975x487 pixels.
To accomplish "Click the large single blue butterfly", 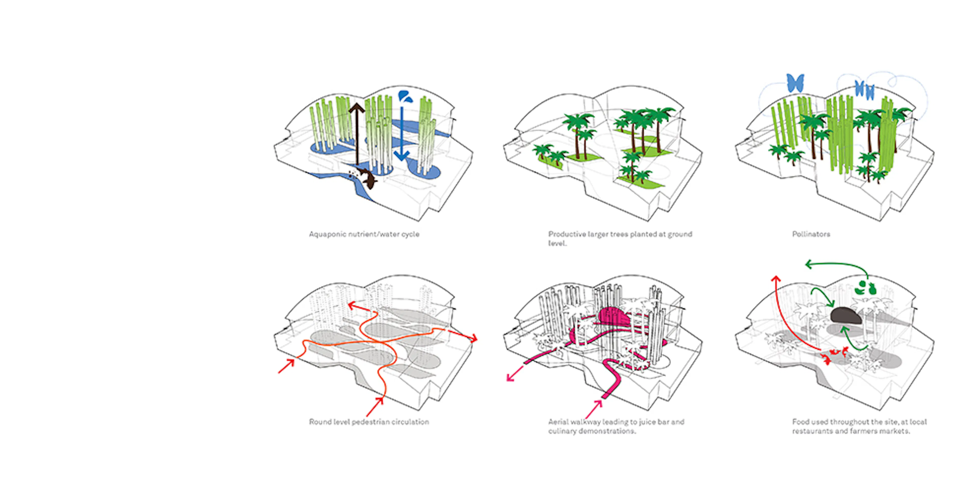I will (795, 83).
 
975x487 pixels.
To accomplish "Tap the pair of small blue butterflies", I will (865, 90).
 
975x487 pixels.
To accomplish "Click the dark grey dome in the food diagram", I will (846, 315).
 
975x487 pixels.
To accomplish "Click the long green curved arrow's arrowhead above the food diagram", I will (808, 264).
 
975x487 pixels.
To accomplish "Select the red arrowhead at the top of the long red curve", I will (776, 279).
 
